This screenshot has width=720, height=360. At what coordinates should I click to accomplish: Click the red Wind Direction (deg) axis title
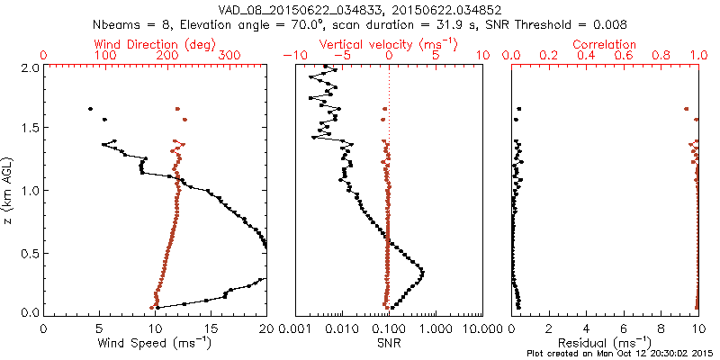coord(155,44)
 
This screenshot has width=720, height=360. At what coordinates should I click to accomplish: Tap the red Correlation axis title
coord(605,44)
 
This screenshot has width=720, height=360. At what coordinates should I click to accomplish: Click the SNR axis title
coord(388,342)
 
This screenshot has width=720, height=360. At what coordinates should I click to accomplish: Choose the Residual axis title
coord(605,342)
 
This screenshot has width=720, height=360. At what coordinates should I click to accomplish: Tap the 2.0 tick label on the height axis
coord(29,67)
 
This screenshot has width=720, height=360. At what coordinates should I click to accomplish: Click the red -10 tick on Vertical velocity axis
coord(292,56)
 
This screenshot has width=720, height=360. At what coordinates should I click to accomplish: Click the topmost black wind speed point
coord(90,109)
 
